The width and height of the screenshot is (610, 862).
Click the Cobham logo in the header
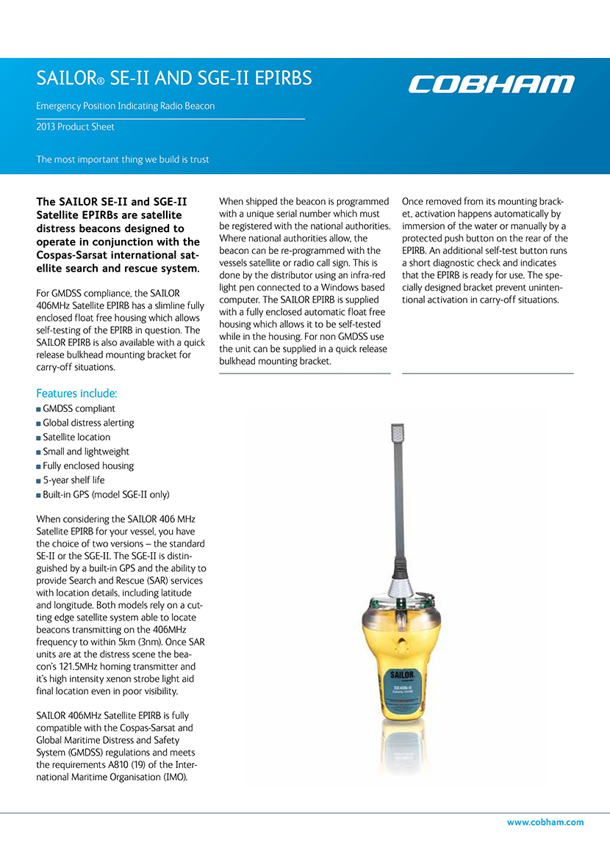pos(491,84)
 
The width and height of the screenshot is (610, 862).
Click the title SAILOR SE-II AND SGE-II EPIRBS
pos(174,78)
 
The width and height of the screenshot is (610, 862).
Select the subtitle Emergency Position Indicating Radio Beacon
pos(126,106)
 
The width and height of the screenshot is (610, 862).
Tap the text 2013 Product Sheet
pos(76,127)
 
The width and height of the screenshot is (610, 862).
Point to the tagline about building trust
pos(123,159)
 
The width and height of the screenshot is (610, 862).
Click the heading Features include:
pos(76,394)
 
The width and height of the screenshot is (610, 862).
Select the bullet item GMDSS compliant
pos(79,408)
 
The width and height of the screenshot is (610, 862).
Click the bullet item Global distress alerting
pos(88,423)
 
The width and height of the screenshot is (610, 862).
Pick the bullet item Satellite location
pos(76,437)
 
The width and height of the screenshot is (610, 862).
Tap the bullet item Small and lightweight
pos(86,452)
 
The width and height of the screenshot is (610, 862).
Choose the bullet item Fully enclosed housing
pos(88,466)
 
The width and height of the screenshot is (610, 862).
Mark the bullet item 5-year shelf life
pos(73,480)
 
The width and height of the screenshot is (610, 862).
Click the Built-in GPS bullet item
pos(106,494)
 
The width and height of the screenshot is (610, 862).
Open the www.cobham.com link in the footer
pos(545,822)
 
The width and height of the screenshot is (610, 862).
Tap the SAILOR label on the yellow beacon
pos(403,674)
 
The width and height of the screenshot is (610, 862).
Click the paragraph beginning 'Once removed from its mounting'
pos(485,250)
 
